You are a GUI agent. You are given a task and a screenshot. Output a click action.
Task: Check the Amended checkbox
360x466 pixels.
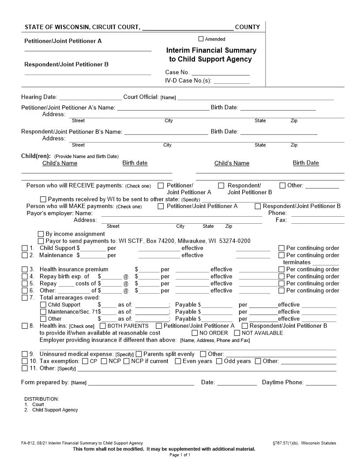(201, 39)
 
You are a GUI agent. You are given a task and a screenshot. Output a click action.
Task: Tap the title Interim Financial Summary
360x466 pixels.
(211, 50)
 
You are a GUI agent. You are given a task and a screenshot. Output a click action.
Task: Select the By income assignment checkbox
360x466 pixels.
(41, 234)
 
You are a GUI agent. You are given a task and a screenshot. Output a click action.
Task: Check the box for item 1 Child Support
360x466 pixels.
(25, 248)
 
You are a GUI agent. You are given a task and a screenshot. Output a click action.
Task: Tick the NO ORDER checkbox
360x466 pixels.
(195, 333)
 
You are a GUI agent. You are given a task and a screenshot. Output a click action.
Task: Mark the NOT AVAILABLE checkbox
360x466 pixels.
(237, 333)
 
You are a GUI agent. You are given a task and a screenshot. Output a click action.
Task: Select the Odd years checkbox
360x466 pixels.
(219, 361)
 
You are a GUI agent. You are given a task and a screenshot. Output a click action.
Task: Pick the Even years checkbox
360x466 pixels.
(178, 361)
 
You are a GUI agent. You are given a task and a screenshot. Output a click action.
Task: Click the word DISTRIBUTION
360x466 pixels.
(41, 399)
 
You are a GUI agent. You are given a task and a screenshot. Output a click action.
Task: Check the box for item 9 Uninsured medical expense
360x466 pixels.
(25, 354)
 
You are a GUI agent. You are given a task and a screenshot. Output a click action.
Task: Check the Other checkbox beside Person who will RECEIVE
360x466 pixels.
(282, 185)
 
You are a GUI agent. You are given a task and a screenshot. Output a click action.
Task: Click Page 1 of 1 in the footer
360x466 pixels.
(180, 455)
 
